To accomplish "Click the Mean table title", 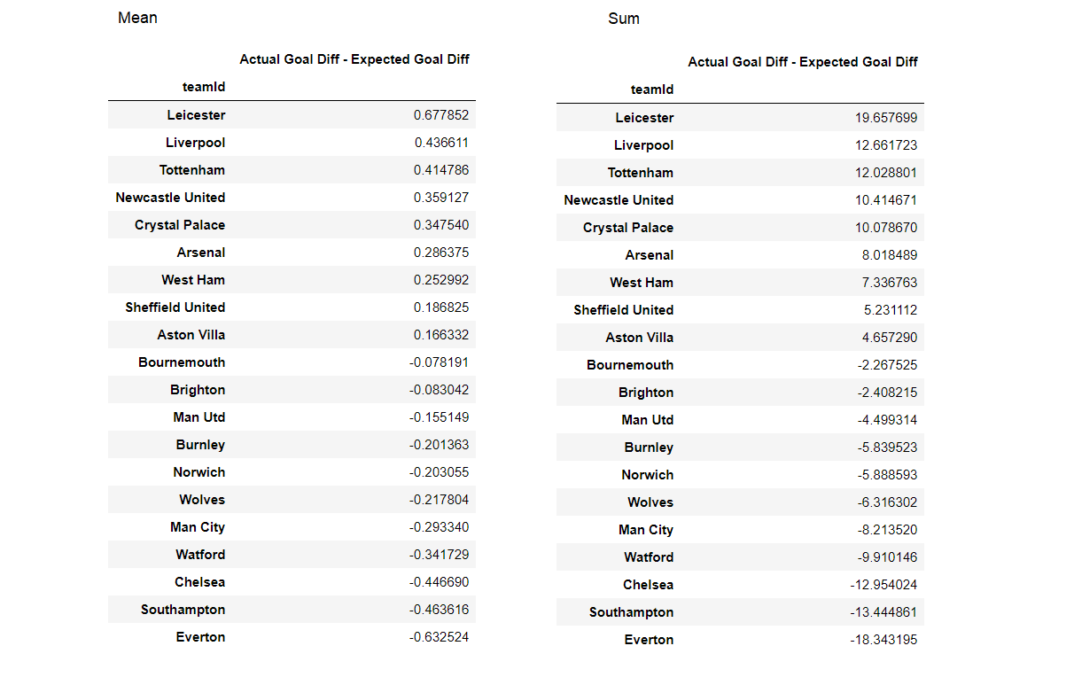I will point(137,18).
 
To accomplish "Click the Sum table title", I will point(623,19).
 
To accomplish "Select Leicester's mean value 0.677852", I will point(441,115).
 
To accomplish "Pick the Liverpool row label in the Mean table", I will point(195,143).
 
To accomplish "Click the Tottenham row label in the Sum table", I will point(640,173).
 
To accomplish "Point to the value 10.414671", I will point(886,200).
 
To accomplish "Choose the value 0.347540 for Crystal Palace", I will point(441,225).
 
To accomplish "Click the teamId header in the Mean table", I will point(204,87).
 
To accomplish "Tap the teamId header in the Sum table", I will point(652,89).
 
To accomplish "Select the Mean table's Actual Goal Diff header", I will point(354,59).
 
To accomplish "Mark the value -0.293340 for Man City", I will point(439,527).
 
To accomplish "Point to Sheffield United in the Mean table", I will point(175,307).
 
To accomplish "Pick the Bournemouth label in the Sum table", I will point(629,365).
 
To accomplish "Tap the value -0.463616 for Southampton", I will point(439,610).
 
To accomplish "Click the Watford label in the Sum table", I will point(648,557).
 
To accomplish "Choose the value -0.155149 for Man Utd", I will point(439,417).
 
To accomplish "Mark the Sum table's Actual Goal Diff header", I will point(803,62).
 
